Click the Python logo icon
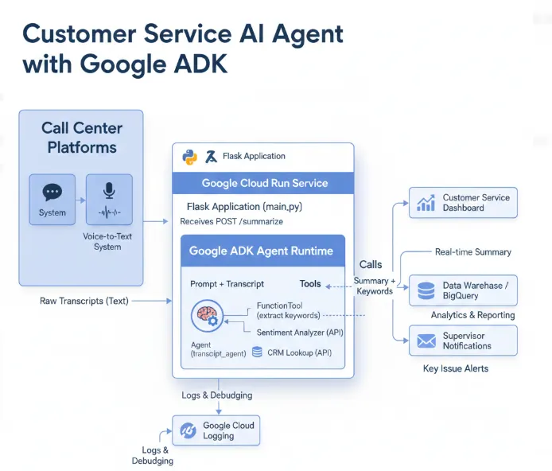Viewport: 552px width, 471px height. (x=189, y=157)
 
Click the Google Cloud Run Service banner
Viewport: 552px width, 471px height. (x=264, y=183)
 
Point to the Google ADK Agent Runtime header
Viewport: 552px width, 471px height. (x=261, y=251)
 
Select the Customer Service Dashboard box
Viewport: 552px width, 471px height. (x=463, y=203)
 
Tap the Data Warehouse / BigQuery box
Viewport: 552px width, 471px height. (x=463, y=290)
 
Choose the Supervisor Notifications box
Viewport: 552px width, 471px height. (x=463, y=341)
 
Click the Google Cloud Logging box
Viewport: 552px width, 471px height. (x=216, y=430)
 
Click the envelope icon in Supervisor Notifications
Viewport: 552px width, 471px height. (x=426, y=341)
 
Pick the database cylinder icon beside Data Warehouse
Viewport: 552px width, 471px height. (x=426, y=290)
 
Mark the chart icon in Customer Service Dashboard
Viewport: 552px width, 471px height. (x=426, y=203)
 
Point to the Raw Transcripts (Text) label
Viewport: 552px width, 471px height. (x=84, y=301)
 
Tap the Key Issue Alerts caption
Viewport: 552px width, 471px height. (x=456, y=369)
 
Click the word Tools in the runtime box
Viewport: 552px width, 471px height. (x=310, y=284)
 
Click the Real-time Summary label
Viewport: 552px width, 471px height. (x=473, y=252)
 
